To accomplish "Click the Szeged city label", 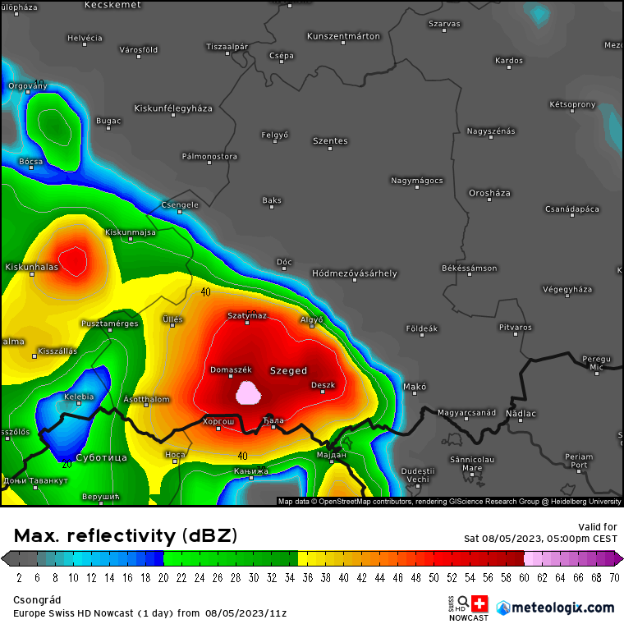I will tap(288, 371).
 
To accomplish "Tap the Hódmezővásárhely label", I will tap(354, 273).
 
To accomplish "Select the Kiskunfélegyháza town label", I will tap(173, 108).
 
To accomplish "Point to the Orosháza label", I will tap(489, 193).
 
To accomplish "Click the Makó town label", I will tap(415, 386).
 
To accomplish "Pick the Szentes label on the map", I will tap(330, 141).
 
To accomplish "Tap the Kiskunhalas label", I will tap(32, 267).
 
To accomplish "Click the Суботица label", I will tap(101, 457).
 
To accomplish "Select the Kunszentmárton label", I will tap(343, 36).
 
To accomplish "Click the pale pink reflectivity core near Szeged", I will tap(247, 393).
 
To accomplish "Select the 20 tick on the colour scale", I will tap(163, 577).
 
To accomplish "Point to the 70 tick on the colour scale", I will tap(614, 577).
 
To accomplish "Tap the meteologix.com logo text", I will tap(562, 608).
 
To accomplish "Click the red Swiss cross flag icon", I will tap(479, 604).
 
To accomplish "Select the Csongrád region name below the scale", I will tap(37, 600).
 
